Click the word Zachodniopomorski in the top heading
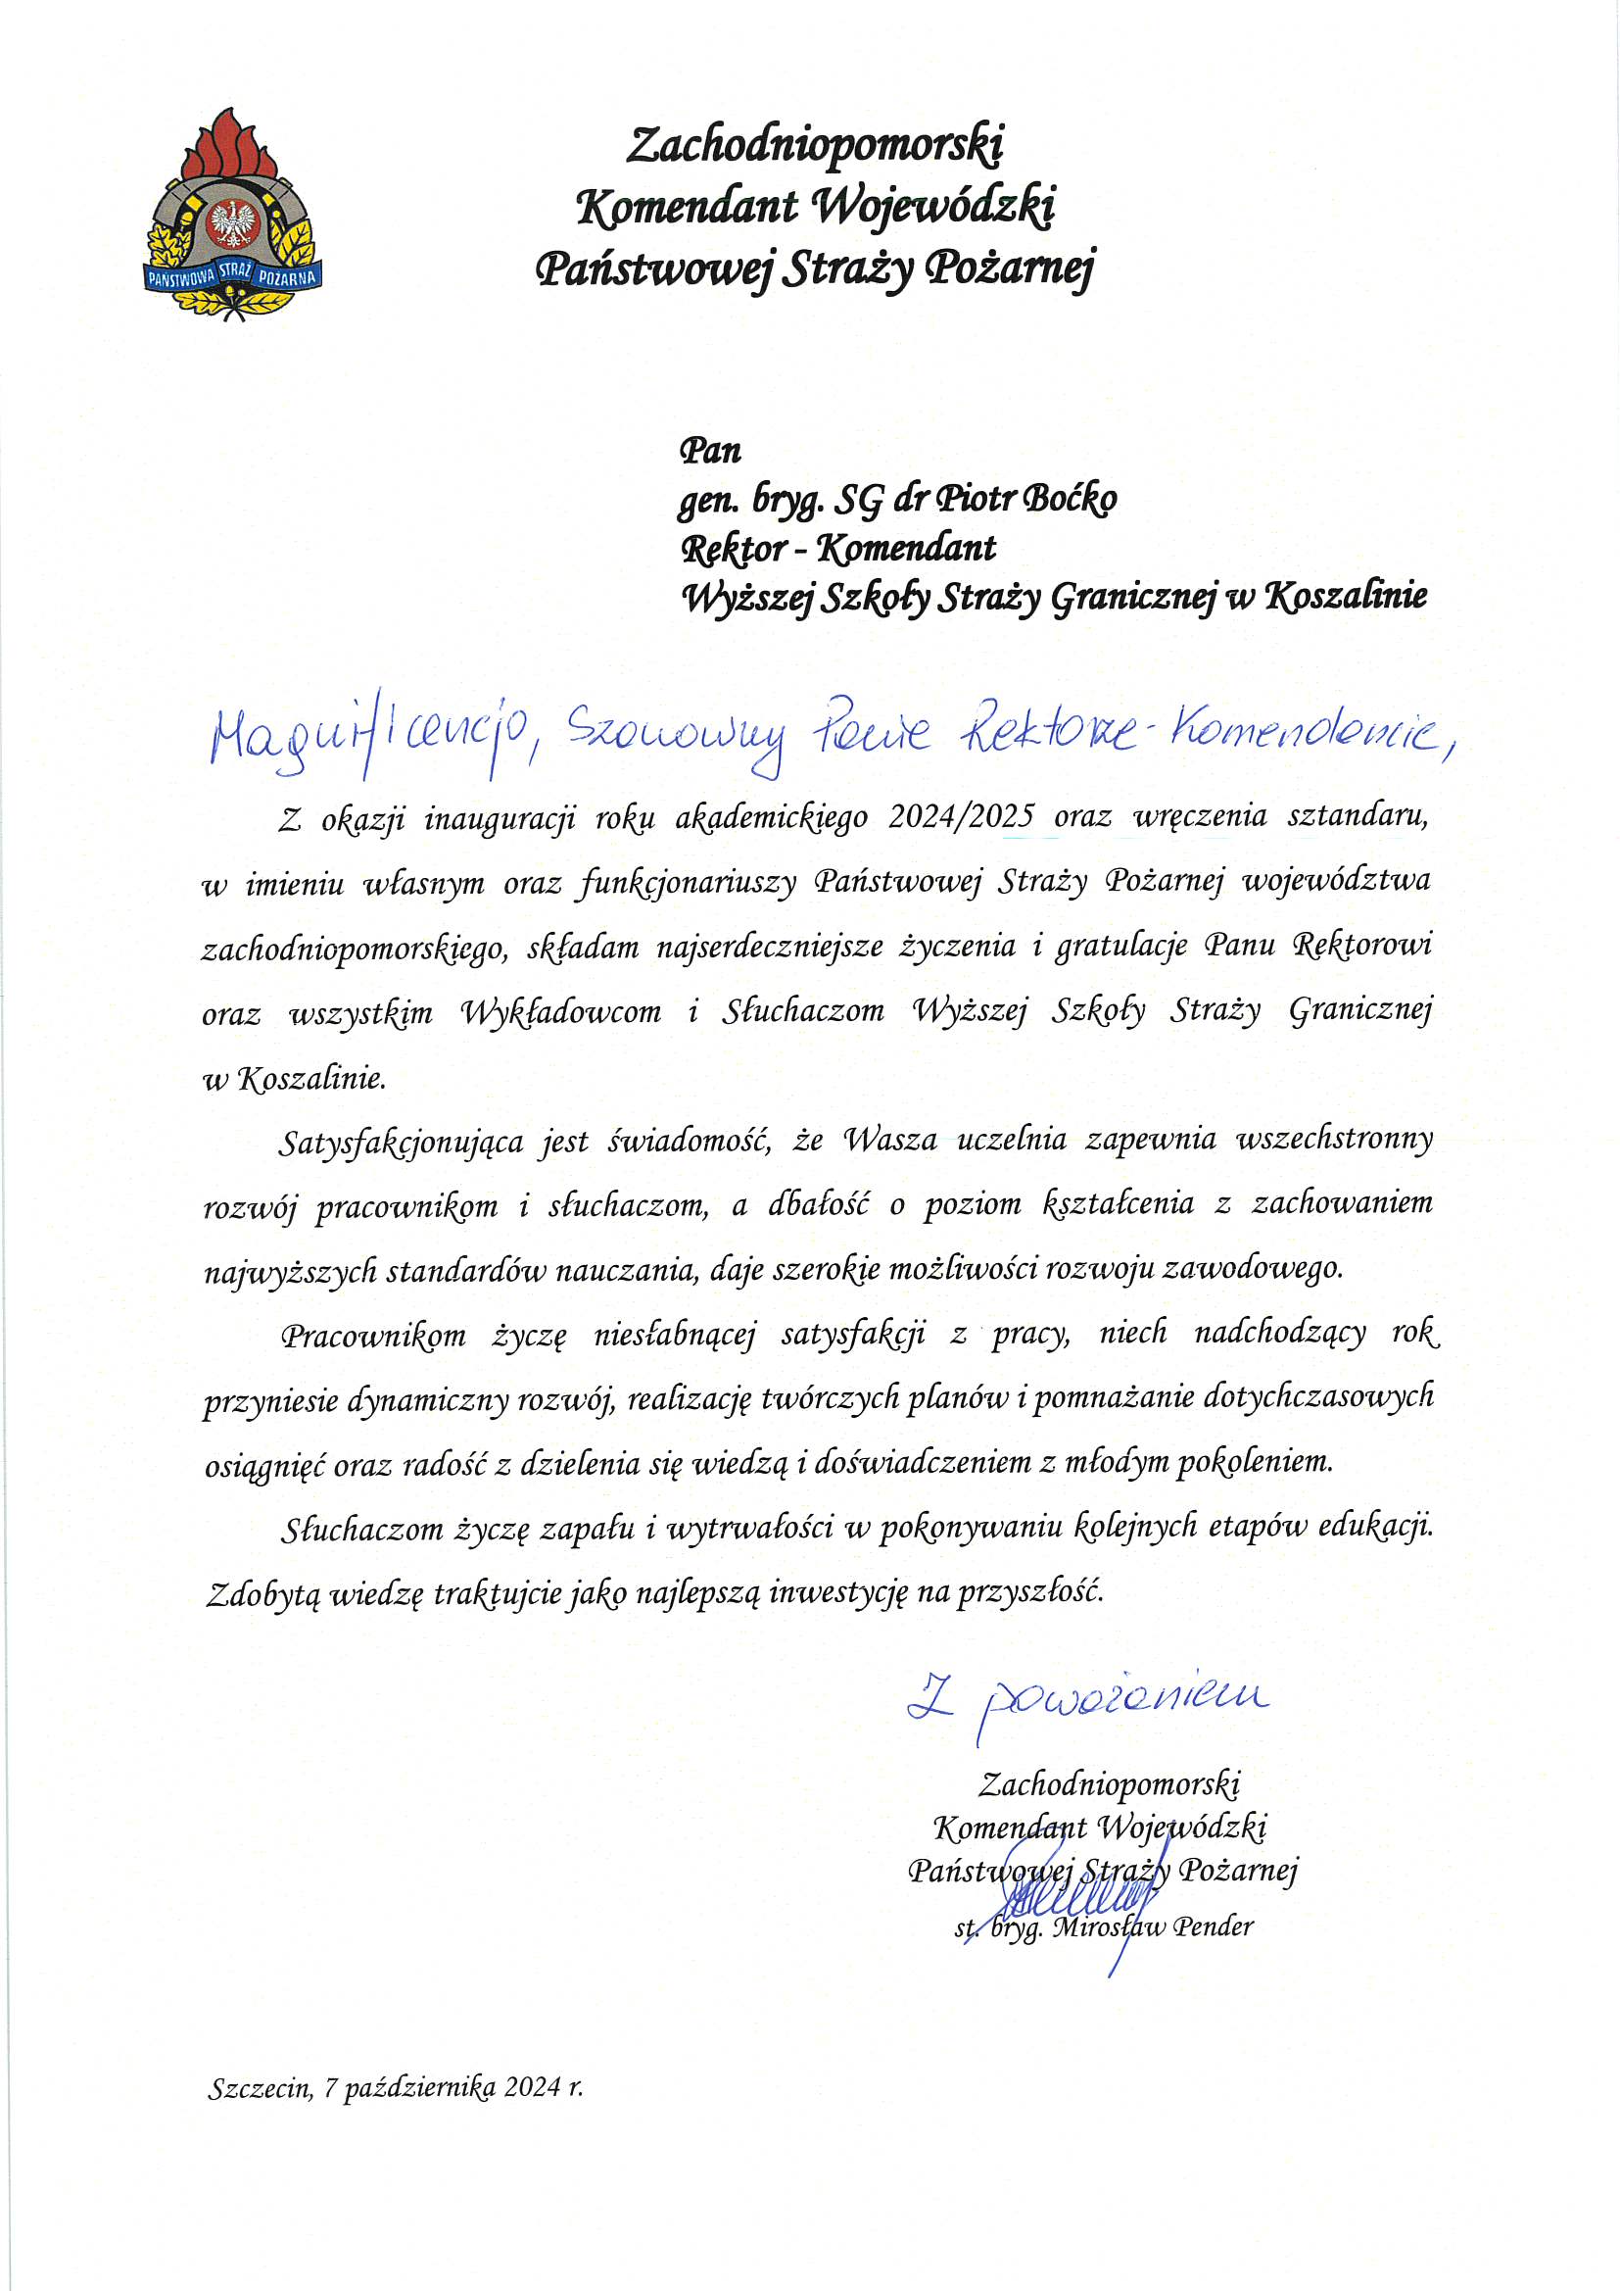tap(814, 146)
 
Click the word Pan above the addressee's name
tap(710, 451)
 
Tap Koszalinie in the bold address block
tap(1346, 597)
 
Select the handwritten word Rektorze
tap(1047, 734)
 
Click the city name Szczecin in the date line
tap(260, 2088)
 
